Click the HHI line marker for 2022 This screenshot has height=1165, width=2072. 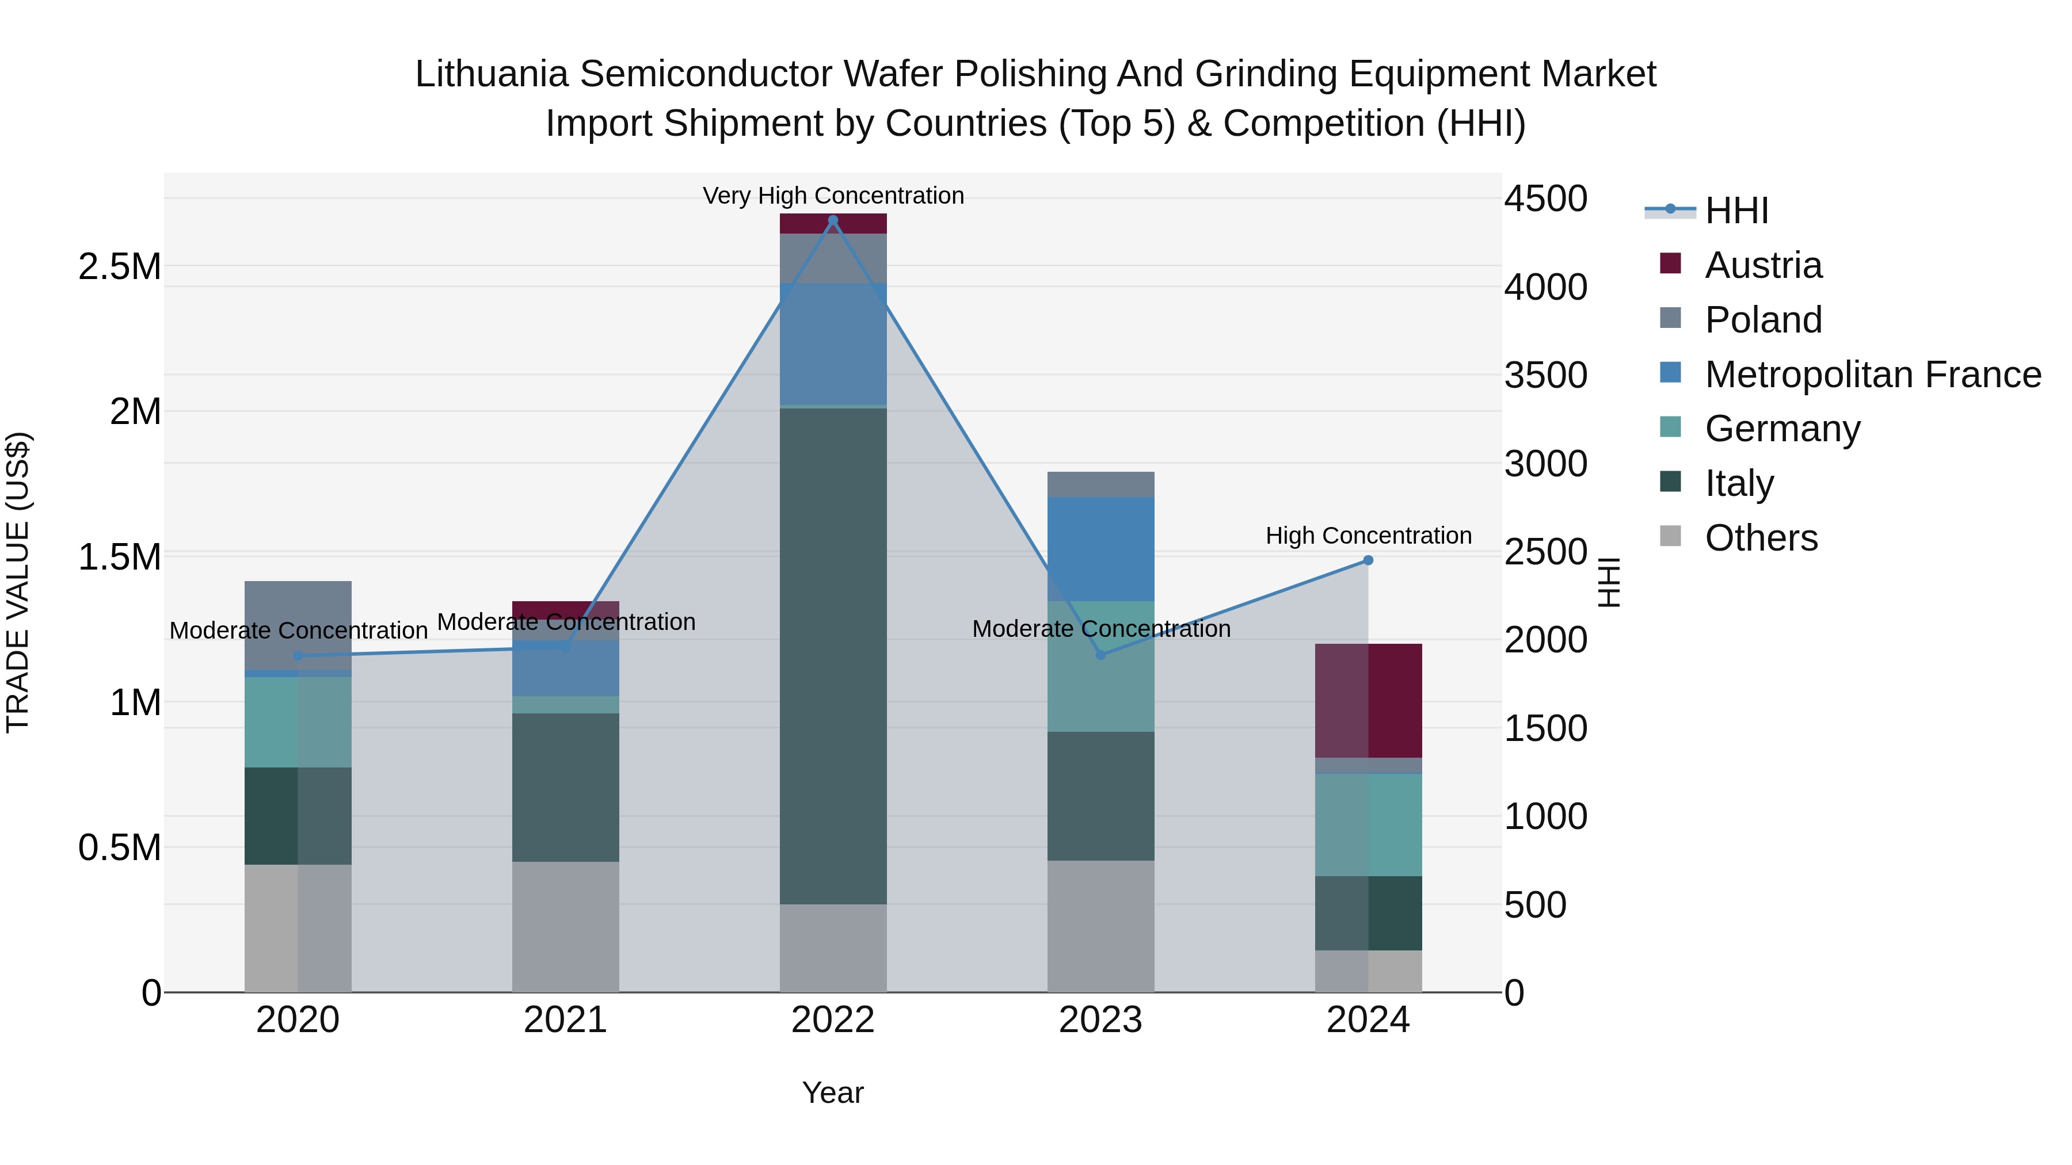tap(832, 220)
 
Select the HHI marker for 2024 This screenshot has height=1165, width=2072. tap(1368, 560)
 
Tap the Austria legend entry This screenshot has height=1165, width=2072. tap(1762, 265)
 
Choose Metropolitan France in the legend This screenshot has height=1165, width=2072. tap(1872, 375)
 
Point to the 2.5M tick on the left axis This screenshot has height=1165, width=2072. tap(120, 266)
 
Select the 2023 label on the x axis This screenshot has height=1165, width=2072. tap(1100, 1020)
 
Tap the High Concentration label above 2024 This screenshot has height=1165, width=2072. tap(1368, 536)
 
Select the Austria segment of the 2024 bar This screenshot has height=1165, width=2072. tap(1368, 700)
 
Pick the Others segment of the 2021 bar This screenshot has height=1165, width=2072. tap(565, 926)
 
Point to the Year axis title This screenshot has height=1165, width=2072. tap(832, 1093)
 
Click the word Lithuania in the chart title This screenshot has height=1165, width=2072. tap(492, 74)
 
